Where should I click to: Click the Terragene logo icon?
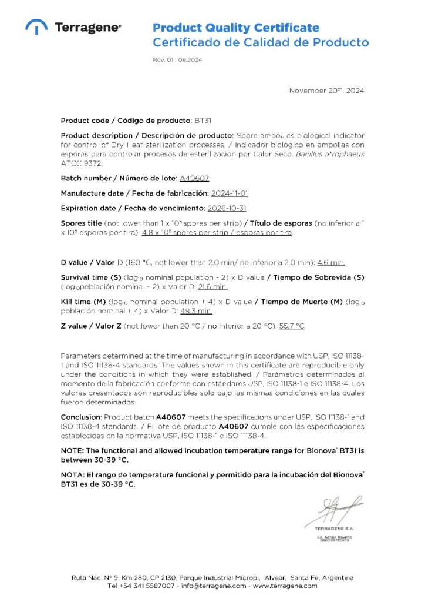tap(37, 26)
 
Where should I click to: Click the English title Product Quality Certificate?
tap(236, 28)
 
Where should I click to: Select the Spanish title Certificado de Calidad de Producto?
tap(261, 42)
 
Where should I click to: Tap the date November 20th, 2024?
tap(326, 91)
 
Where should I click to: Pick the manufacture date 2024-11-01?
tap(230, 193)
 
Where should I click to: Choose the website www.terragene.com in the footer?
tap(285, 586)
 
